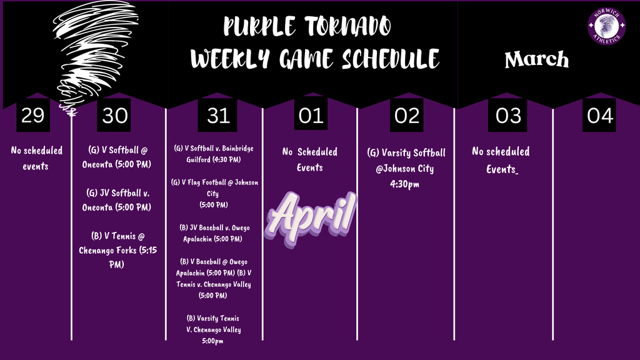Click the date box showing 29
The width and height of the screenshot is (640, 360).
coord(32,116)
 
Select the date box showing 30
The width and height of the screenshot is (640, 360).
coord(115,116)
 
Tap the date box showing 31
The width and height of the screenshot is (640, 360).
coord(219,116)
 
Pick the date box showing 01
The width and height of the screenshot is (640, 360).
coord(311,116)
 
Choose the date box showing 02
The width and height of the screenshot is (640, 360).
coord(407,116)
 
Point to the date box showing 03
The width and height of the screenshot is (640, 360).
coord(508,116)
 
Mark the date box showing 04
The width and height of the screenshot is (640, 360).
coord(599,116)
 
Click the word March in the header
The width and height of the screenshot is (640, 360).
coord(537,59)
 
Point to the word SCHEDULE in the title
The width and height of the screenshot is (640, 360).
coord(391,59)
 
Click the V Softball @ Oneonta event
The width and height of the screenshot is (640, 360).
coord(116,157)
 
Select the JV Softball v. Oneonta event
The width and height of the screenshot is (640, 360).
coord(116,200)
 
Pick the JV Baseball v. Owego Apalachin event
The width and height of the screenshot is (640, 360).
coord(214,232)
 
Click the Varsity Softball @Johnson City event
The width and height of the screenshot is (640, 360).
coord(407,167)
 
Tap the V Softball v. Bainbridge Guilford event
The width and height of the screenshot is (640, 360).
coord(214,154)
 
